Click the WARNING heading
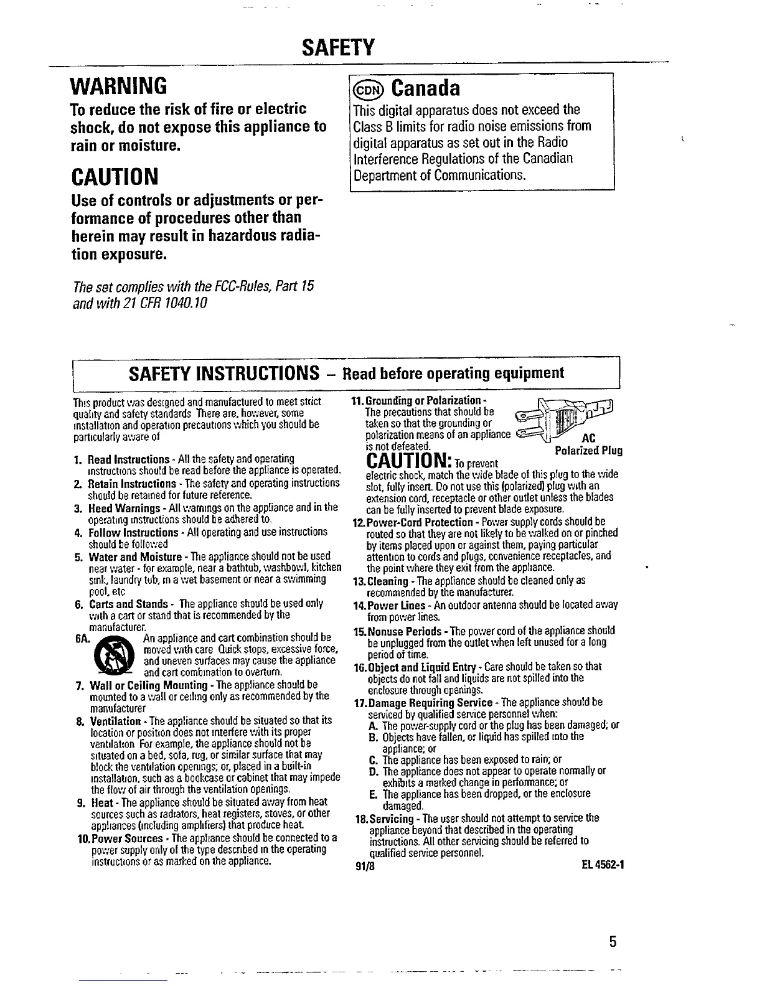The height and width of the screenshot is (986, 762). pyautogui.click(x=118, y=83)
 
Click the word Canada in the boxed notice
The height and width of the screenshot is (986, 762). pyautogui.click(x=425, y=89)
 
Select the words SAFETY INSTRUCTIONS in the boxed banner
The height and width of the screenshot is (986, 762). pyautogui.click(x=219, y=373)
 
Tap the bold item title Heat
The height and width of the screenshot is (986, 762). pyautogui.click(x=101, y=802)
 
